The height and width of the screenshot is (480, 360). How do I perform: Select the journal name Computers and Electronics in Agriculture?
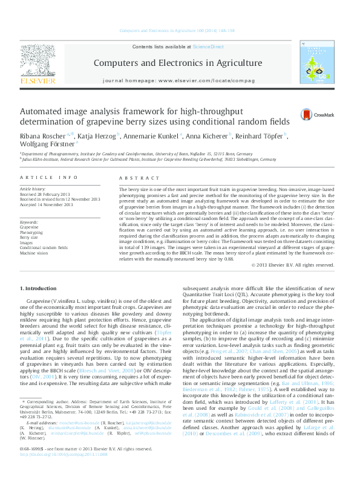(177, 63)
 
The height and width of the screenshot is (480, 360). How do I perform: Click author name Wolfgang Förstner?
(47, 144)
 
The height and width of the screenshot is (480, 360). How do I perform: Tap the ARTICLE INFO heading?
(49, 178)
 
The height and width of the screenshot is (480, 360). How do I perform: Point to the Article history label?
(34, 189)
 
